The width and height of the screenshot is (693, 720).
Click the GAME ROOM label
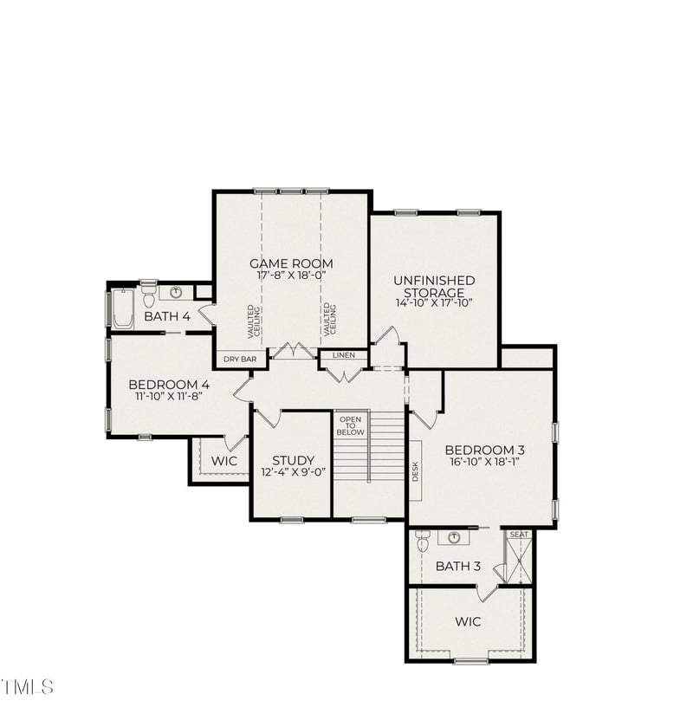point(291,263)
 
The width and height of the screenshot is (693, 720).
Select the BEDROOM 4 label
point(169,384)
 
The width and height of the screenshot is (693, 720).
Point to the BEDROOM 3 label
point(485,450)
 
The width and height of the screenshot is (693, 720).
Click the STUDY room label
point(293,460)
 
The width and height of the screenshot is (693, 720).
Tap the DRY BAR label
point(240,359)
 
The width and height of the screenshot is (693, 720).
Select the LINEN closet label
point(344,354)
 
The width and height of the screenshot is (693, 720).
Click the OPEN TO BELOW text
point(351,425)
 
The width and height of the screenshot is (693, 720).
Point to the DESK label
point(415,470)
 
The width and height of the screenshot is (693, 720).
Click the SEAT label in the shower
point(519,535)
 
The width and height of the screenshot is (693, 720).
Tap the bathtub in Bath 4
point(123,309)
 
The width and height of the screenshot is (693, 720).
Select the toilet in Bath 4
point(148,297)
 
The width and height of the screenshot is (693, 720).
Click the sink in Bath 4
point(176,293)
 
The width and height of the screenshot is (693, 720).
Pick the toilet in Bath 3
point(423,541)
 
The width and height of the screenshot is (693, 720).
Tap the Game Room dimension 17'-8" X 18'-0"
point(291,276)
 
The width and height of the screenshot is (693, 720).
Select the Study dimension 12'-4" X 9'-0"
point(293,472)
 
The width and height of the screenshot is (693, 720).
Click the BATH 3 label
point(457,567)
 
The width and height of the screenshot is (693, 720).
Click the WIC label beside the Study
point(224,461)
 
